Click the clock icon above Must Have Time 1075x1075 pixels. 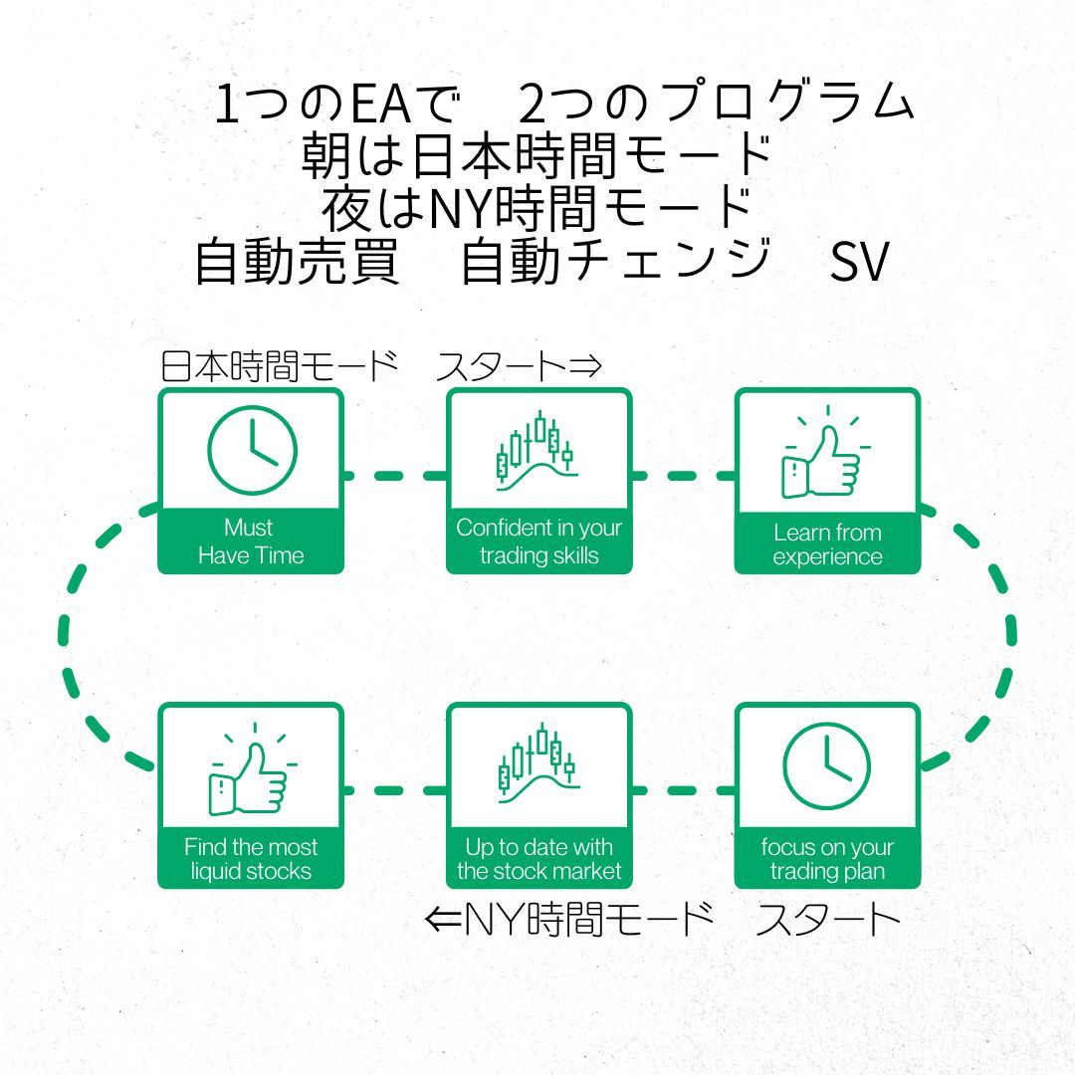click(x=252, y=449)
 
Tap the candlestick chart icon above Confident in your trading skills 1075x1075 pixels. click(x=536, y=451)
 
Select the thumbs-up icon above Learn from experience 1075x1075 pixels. click(x=824, y=459)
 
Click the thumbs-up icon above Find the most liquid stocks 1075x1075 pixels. click(x=250, y=768)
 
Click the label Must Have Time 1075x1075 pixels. click(x=251, y=541)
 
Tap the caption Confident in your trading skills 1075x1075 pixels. click(x=538, y=541)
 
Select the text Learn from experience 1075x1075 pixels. click(x=827, y=544)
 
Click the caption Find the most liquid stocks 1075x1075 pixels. click(x=251, y=859)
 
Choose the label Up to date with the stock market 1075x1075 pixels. click(x=538, y=859)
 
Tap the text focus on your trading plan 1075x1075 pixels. click(x=827, y=859)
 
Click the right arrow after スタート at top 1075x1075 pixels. click(x=587, y=367)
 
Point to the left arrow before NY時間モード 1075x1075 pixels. click(x=444, y=920)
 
